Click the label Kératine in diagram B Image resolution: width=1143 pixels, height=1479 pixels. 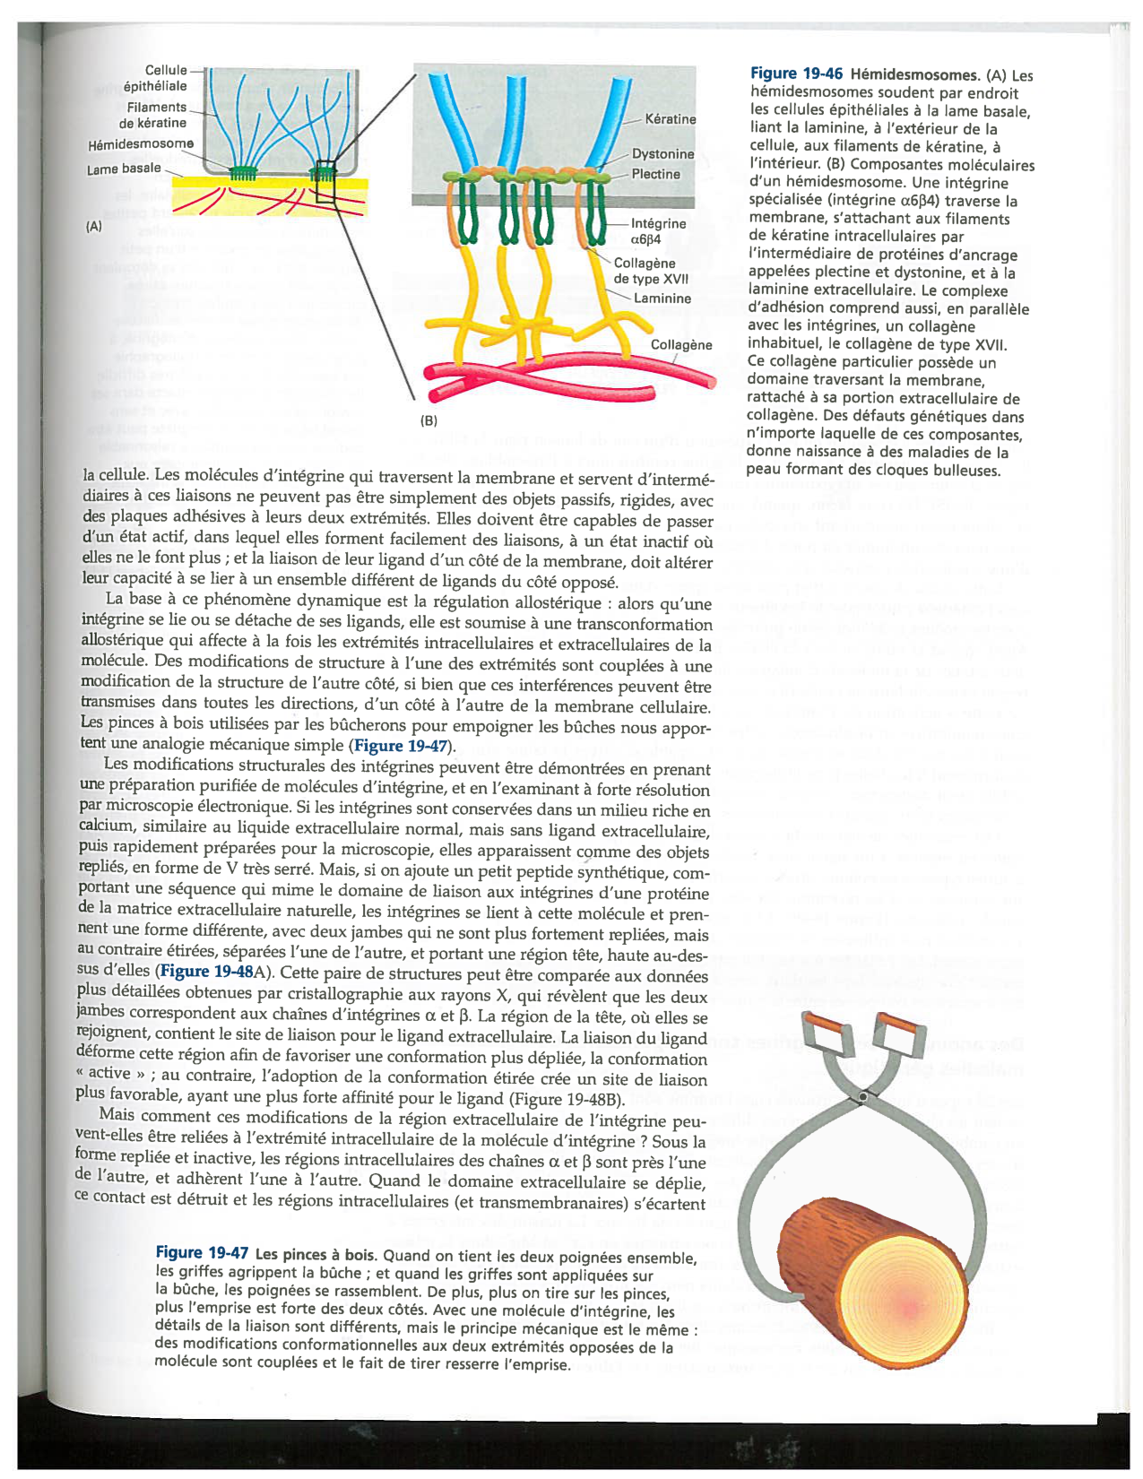point(670,119)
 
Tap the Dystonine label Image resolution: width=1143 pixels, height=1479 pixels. point(662,154)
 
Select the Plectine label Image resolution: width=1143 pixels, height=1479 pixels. point(655,174)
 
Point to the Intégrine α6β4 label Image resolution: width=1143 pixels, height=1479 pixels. point(658,231)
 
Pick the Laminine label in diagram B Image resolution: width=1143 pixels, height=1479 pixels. point(662,298)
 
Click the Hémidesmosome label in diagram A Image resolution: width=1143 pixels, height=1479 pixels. point(141,143)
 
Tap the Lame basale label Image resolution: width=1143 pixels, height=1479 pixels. point(124,169)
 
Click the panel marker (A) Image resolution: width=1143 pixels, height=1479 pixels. point(94,227)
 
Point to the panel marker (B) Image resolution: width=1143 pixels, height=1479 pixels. point(429,420)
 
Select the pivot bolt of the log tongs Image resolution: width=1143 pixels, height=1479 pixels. point(862,1097)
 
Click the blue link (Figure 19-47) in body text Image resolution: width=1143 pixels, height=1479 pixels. point(403,746)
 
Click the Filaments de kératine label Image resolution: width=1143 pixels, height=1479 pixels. point(152,115)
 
